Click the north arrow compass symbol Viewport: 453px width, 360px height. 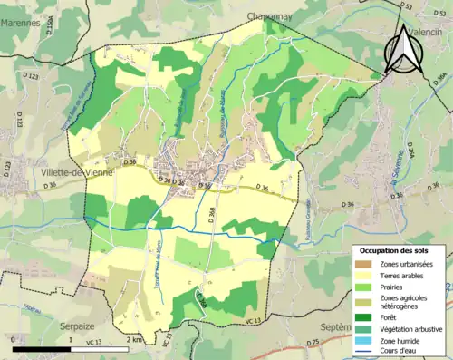402,50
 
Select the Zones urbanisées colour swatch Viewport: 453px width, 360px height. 366,264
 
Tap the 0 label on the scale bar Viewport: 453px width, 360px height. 14,339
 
